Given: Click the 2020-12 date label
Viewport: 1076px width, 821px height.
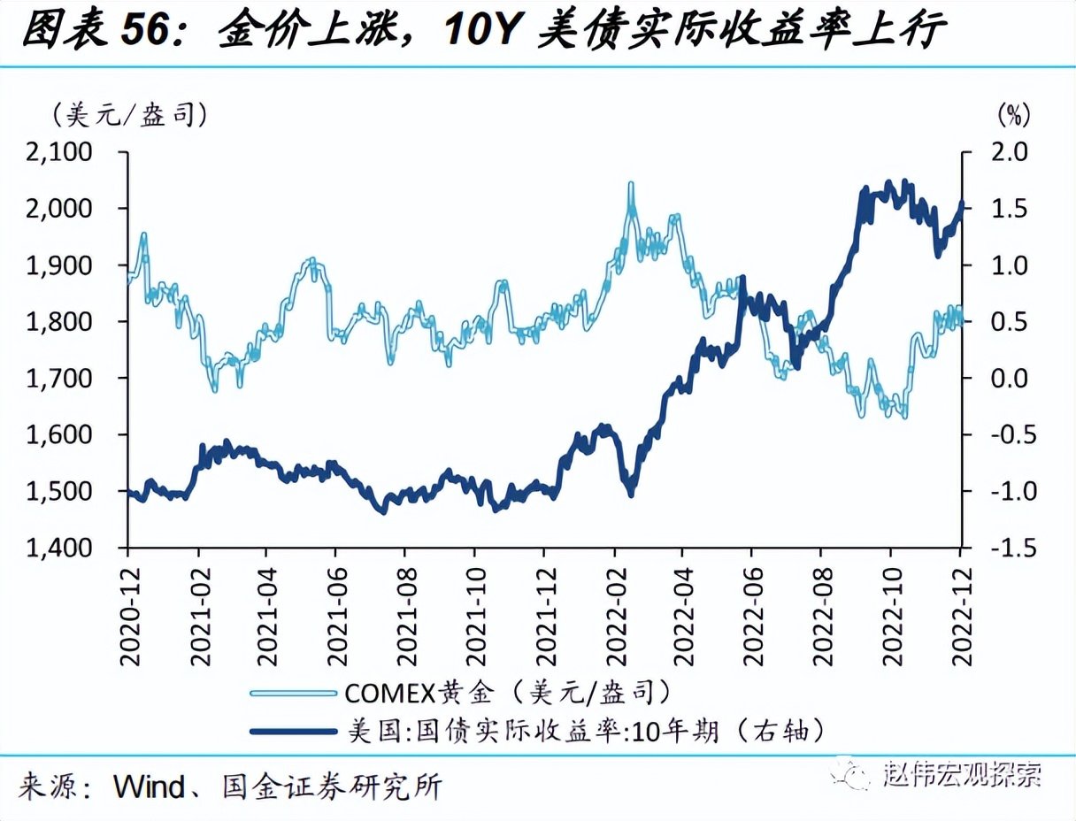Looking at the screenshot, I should point(129,605).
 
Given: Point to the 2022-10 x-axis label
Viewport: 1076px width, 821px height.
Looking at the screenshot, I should point(890,605).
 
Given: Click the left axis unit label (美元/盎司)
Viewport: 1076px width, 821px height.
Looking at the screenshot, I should point(130,115).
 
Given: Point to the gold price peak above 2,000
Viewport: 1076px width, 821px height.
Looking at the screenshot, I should point(630,185).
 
